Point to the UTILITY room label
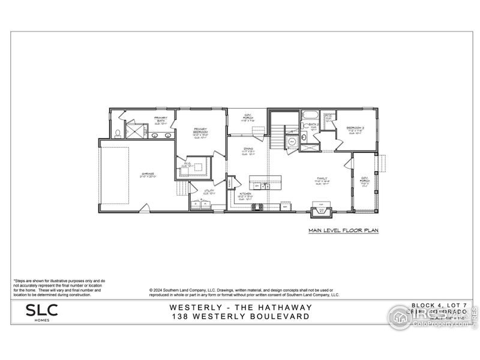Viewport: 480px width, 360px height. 209,192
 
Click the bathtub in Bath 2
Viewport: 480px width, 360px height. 311,115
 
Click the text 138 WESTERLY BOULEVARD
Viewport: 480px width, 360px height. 241,316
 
